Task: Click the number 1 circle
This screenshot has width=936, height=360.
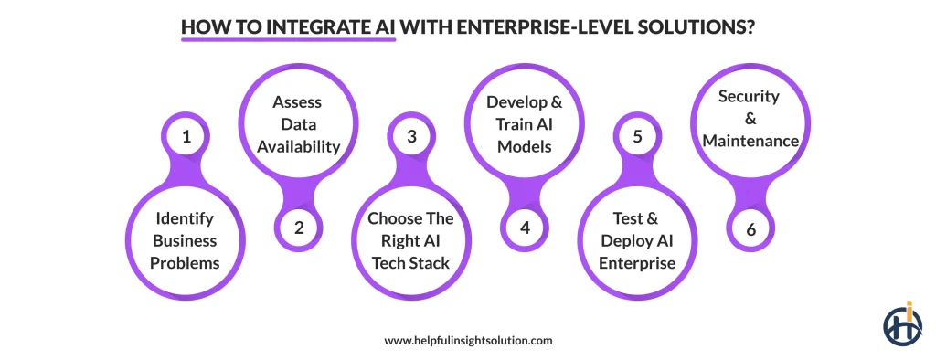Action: (x=186, y=138)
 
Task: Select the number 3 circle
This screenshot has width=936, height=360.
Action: (x=411, y=138)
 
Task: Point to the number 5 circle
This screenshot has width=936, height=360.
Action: (x=637, y=138)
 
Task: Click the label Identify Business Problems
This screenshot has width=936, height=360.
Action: (x=186, y=241)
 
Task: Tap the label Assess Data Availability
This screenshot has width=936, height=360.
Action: (x=299, y=123)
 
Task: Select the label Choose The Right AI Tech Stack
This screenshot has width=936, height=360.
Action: (x=411, y=241)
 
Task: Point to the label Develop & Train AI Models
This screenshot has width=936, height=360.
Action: (x=525, y=123)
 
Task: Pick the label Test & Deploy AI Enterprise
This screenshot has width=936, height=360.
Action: (x=637, y=241)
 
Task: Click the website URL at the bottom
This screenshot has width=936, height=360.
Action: (x=468, y=340)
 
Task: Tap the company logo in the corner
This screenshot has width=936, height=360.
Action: (x=902, y=323)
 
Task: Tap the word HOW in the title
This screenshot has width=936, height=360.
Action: (x=200, y=26)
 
